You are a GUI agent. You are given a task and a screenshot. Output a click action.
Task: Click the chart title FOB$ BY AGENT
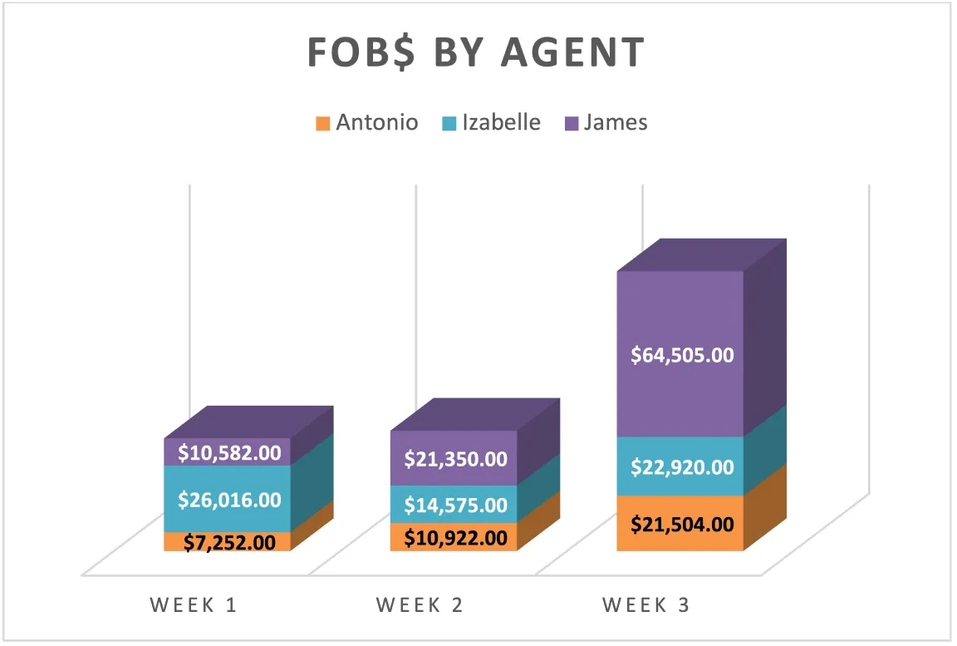click(476, 53)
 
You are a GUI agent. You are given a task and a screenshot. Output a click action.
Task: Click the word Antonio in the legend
click(376, 123)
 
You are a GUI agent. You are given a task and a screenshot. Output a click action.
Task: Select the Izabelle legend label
click(501, 123)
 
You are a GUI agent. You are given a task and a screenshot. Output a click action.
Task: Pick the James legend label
click(615, 123)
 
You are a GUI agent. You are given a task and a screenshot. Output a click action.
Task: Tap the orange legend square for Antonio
click(322, 124)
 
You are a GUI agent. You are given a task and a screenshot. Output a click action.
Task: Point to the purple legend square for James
click(571, 124)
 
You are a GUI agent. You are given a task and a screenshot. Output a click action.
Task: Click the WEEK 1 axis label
click(194, 605)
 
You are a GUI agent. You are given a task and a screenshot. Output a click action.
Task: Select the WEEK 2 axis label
click(420, 605)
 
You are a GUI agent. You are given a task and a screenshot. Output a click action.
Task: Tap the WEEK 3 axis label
click(646, 605)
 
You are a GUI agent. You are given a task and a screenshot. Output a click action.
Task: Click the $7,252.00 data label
click(228, 543)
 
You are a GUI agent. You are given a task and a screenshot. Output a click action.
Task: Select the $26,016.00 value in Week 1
click(228, 500)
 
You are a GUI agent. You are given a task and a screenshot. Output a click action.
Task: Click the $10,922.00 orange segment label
click(455, 538)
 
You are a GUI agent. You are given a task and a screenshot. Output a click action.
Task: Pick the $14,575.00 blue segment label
click(455, 505)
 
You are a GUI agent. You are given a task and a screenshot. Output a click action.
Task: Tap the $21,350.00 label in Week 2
click(455, 458)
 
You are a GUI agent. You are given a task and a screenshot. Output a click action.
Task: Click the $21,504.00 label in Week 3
click(682, 525)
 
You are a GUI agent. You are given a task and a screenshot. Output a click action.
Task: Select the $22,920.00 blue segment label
click(682, 467)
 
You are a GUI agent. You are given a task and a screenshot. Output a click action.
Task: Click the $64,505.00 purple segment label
click(682, 355)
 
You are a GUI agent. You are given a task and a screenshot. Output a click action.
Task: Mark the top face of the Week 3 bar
click(702, 255)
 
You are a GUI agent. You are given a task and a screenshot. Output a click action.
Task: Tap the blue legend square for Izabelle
click(449, 124)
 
